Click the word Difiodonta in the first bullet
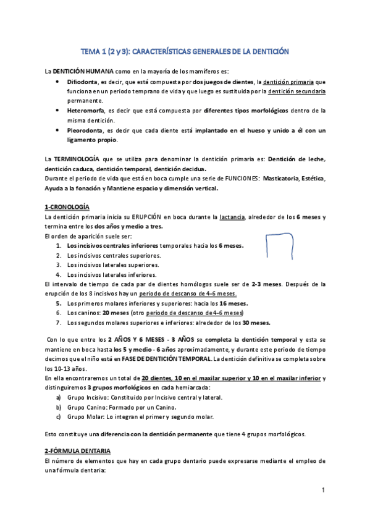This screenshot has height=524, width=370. pos(84,82)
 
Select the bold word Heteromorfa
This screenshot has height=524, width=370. pos(86,111)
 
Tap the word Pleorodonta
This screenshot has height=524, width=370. pos(86,131)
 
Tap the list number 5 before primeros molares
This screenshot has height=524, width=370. pos(59,303)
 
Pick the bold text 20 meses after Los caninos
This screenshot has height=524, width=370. pos(120,313)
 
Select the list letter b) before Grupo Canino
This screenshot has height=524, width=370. pos(59,407)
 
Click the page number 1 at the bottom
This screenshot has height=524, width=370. pos(322,490)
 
